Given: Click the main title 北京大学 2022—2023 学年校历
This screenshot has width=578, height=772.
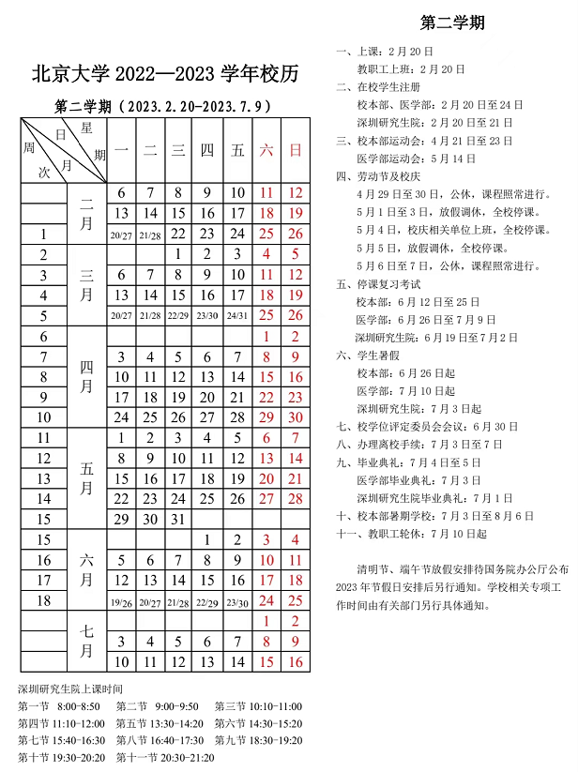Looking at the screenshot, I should click(x=165, y=72).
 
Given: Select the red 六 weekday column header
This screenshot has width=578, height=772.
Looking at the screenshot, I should click(x=266, y=150).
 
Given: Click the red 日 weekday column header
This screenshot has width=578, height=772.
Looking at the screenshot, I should click(x=296, y=150).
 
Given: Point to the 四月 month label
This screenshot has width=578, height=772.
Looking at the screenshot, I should click(x=85, y=377).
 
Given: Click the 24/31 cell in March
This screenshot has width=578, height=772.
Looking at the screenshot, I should click(x=236, y=316).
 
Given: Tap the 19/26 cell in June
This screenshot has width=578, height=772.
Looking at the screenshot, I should click(x=121, y=602).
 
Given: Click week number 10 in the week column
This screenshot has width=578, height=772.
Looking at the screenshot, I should click(x=43, y=417).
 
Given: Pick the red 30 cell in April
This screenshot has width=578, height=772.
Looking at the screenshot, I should click(x=296, y=417).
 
